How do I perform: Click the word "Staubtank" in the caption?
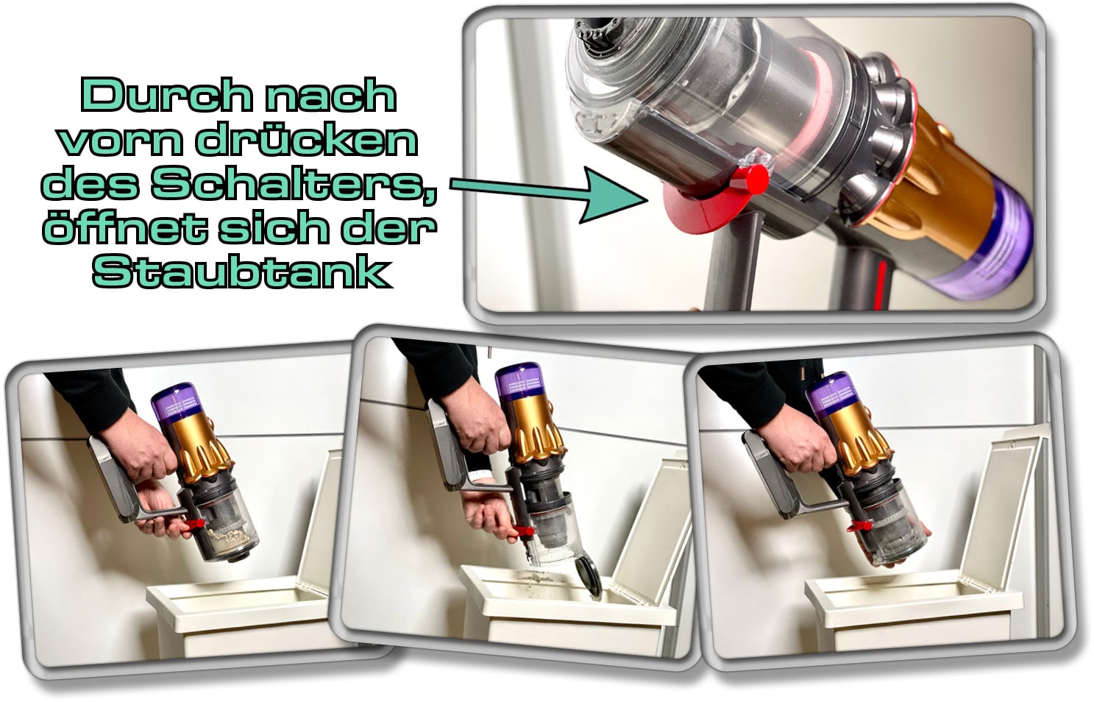click(x=240, y=272)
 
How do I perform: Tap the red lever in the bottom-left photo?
click(x=195, y=525)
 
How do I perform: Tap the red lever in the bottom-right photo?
click(x=858, y=526)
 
